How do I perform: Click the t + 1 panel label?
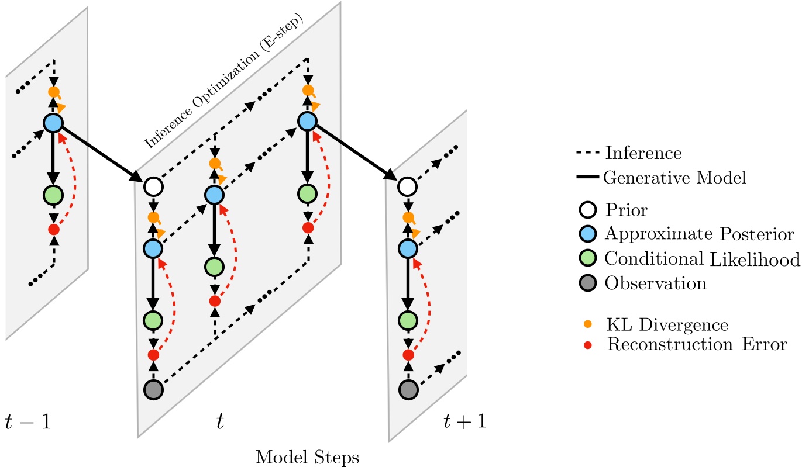click(x=464, y=420)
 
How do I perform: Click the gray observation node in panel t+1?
click(x=408, y=389)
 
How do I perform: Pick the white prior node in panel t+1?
click(x=408, y=187)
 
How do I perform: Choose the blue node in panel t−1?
click(x=53, y=123)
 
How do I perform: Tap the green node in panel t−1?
click(x=53, y=194)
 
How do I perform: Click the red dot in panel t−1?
click(x=53, y=229)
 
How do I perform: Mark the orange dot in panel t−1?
click(x=54, y=92)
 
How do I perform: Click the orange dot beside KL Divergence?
click(x=588, y=323)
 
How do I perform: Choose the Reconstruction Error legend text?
click(x=697, y=344)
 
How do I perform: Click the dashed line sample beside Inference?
click(x=587, y=154)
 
